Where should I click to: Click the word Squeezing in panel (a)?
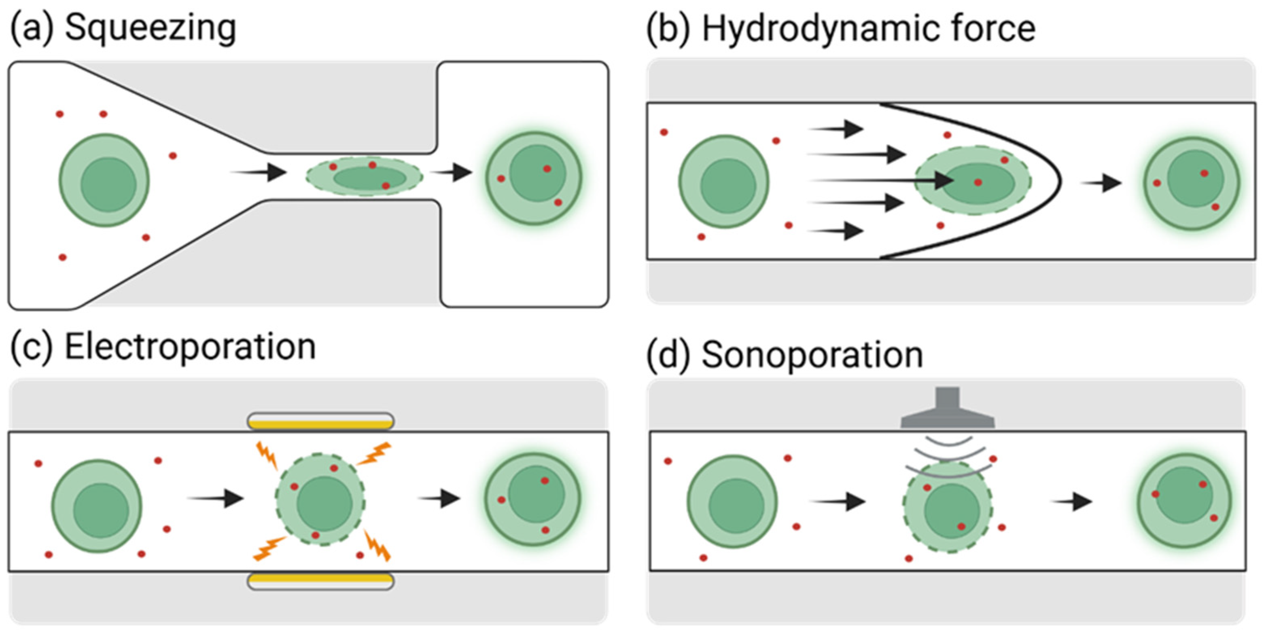150,28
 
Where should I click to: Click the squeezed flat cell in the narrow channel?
364,176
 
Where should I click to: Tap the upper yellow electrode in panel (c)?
320,424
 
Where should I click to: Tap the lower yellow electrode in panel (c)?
320,579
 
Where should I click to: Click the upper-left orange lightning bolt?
267,455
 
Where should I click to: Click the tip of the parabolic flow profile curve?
1060,181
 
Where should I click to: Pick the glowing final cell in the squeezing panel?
534,178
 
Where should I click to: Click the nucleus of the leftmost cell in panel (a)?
108,185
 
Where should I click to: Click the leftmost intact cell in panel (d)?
732,501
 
